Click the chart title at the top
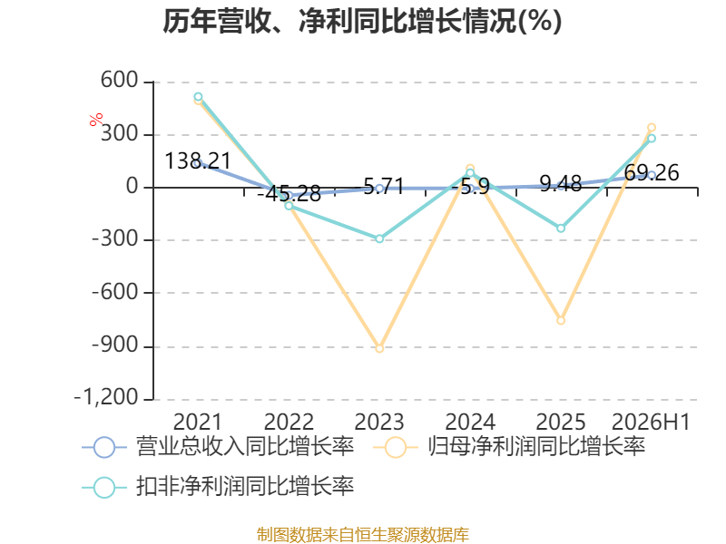(x=362, y=21)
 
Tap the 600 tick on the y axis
(x=120, y=80)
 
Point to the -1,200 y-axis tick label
(x=106, y=397)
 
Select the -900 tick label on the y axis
(x=115, y=345)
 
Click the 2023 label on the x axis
(x=379, y=422)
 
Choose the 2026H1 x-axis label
(x=651, y=422)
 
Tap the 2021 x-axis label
(x=198, y=422)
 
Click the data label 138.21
(x=198, y=161)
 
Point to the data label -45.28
(x=289, y=194)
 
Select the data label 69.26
(x=652, y=173)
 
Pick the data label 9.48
(x=561, y=184)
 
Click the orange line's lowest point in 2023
(x=379, y=348)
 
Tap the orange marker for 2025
(x=561, y=320)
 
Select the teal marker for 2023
(x=379, y=238)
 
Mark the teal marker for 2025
(x=561, y=228)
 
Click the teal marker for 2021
(x=198, y=97)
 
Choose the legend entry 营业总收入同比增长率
(x=218, y=447)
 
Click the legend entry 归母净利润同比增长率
(x=509, y=447)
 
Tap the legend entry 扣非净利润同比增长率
(x=218, y=487)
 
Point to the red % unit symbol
(x=96, y=120)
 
